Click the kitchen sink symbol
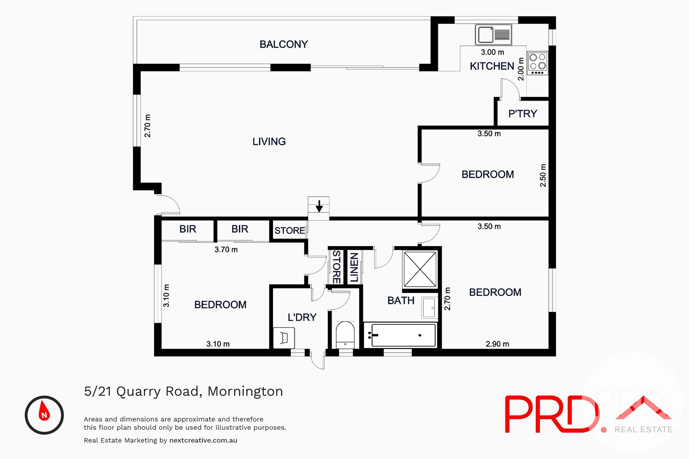tap(493, 34)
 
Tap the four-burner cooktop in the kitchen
tap(537, 63)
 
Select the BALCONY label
tap(283, 44)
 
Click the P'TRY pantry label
tap(522, 114)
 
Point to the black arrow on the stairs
tap(319, 206)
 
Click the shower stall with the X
tap(420, 269)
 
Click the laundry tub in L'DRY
tap(284, 338)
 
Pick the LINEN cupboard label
tap(354, 267)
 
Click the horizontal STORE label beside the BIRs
tap(289, 231)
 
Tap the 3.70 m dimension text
tap(226, 250)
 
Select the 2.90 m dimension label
tap(497, 344)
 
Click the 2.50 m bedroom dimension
tap(543, 175)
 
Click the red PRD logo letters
tap(551, 415)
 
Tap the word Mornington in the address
tap(245, 391)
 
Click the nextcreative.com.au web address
tap(203, 441)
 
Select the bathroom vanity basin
tap(429, 308)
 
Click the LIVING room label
tap(269, 142)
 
